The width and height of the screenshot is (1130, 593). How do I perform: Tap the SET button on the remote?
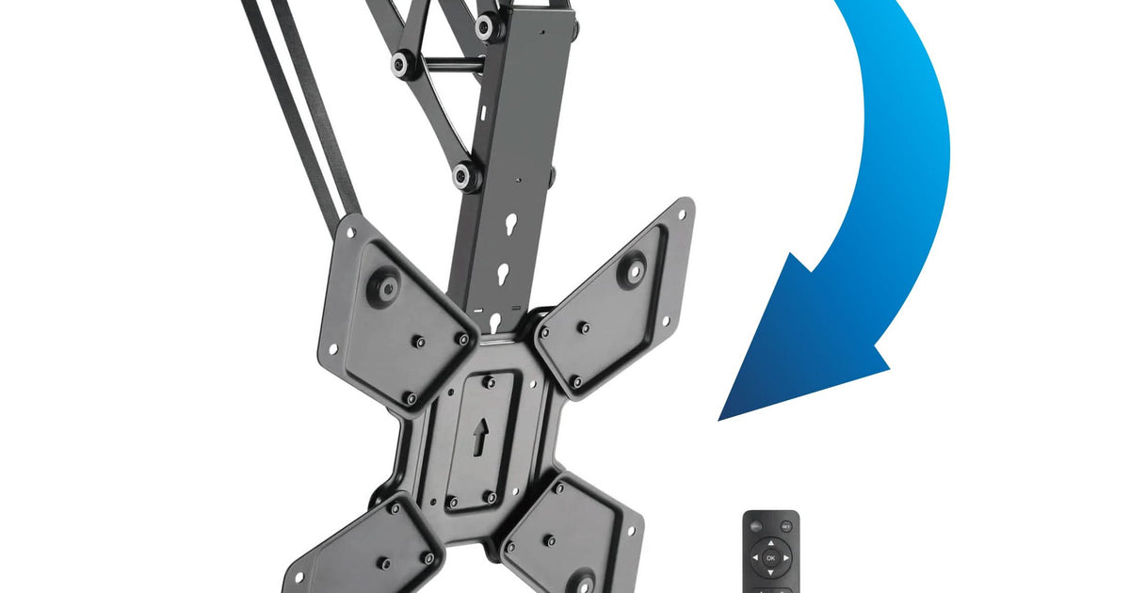pos(786,526)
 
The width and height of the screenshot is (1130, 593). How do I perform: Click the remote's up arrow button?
pos(770,543)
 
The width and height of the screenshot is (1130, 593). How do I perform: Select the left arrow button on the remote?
pos(754,558)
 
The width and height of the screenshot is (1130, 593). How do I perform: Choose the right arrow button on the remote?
pos(786,558)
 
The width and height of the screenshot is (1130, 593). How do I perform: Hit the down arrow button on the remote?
pos(770,573)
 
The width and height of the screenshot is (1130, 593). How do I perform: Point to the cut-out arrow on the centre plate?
pos(480,435)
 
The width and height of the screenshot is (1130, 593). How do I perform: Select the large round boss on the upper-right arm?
pos(634,269)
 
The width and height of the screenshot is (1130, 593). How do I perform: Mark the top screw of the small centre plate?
pos(488,381)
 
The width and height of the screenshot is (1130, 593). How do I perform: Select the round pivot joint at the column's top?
pos(487,25)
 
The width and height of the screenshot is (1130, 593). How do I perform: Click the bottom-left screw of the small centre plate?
pos(450,501)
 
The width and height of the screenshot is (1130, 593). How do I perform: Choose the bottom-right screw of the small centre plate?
pos(490,496)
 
